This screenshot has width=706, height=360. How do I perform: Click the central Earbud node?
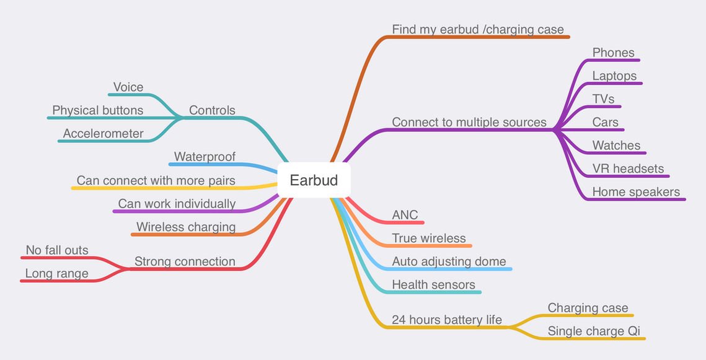pos(314,180)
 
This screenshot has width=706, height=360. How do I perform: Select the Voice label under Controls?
pos(128,87)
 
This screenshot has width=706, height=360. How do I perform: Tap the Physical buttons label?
pos(98,110)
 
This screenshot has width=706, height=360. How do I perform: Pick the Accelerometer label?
pos(103,133)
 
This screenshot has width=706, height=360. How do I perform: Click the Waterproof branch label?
pos(205,157)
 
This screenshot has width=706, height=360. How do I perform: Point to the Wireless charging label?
pos(186,227)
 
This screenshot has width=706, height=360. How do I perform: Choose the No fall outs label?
pos(57,250)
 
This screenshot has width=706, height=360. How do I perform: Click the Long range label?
pos(57,274)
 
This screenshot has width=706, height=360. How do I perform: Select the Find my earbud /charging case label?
pos(478,30)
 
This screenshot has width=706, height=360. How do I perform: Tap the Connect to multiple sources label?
pos(469,122)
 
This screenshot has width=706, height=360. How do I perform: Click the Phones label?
pos(613,53)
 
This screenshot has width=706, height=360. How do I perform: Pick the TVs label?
pos(603,99)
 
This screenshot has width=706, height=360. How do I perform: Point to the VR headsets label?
pos(628,169)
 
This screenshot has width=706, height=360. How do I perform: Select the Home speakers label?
pos(636,192)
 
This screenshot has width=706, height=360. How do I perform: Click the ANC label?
pos(405,215)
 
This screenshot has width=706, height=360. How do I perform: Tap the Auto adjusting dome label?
pos(449,261)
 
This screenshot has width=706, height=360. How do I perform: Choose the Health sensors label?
pos(434,285)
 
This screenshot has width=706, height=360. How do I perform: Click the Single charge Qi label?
pos(594,331)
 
